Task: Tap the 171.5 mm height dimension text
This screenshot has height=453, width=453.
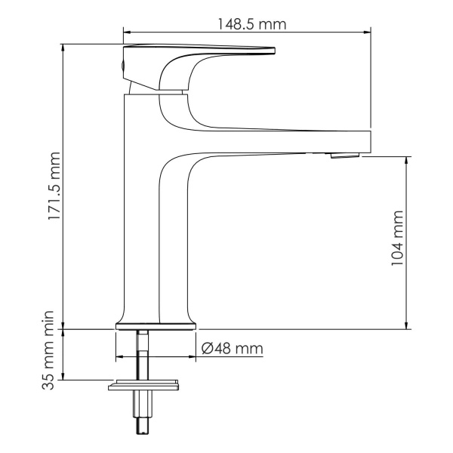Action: pyautogui.click(x=54, y=187)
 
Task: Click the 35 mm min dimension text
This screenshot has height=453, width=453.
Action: pyautogui.click(x=54, y=355)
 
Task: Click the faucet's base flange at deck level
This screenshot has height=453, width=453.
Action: pyautogui.click(x=155, y=327)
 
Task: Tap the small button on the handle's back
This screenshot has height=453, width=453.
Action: pyautogui.click(x=124, y=67)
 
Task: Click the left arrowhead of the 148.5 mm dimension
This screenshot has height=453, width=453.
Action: pyautogui.click(x=127, y=33)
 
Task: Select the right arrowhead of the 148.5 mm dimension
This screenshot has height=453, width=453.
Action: pyautogui.click(x=368, y=33)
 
